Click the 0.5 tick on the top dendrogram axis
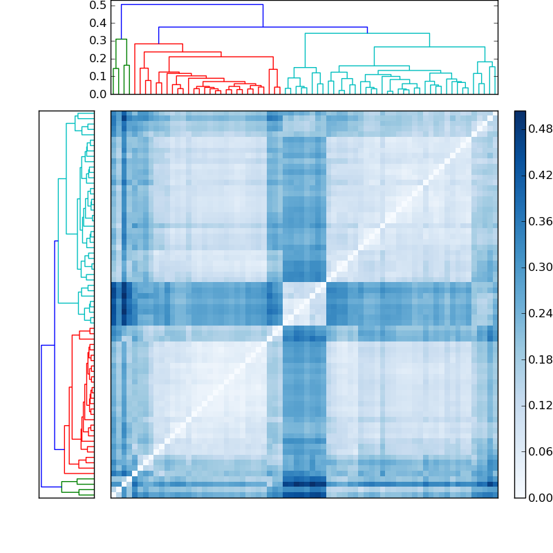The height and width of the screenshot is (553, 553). [x=97, y=5]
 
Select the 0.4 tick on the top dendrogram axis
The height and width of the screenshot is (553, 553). [x=97, y=23]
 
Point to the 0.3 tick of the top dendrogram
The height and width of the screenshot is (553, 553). [x=97, y=41]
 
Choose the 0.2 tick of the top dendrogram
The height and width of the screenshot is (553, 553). [x=97, y=58]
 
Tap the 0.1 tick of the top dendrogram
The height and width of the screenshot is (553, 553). [x=97, y=76]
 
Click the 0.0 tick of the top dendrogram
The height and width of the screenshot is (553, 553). [x=97, y=93]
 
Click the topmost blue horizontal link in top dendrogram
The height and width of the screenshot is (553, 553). [x=192, y=5]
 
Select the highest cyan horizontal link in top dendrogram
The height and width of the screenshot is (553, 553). [x=367, y=33]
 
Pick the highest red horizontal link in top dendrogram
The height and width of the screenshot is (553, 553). [x=158, y=44]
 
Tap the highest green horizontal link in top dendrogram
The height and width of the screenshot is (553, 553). [x=121, y=39]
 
